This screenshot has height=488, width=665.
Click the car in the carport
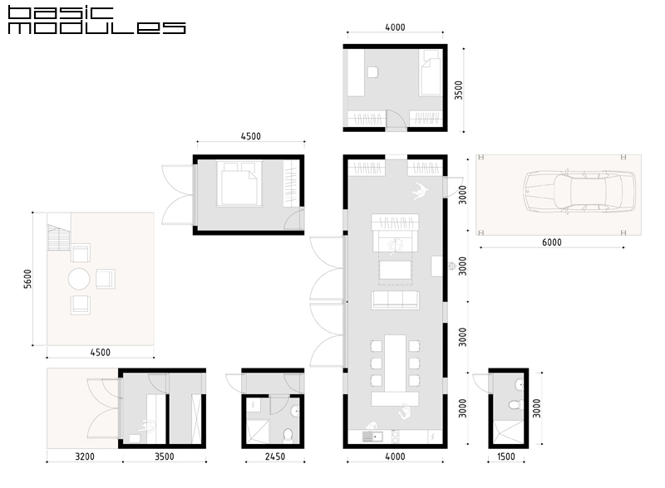(579, 192)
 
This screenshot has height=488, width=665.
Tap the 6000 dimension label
(552, 242)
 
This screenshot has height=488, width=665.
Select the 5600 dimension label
(27, 279)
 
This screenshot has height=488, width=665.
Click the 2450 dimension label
(275, 456)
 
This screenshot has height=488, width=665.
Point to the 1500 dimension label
(506, 456)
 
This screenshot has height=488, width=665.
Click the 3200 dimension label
(85, 456)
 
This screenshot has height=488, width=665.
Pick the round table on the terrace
(79, 279)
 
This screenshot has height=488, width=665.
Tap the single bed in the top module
(431, 72)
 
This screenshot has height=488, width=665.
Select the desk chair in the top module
(372, 72)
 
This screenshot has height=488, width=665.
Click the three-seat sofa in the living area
(395, 300)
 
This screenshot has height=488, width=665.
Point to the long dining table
(396, 363)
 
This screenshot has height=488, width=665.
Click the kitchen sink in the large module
(372, 437)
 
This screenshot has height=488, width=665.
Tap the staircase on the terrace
(58, 237)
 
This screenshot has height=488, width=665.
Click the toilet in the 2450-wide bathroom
(288, 435)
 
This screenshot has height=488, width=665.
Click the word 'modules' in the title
(96, 28)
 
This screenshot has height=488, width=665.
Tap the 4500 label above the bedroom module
(251, 136)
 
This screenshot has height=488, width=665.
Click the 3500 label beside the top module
(459, 90)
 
